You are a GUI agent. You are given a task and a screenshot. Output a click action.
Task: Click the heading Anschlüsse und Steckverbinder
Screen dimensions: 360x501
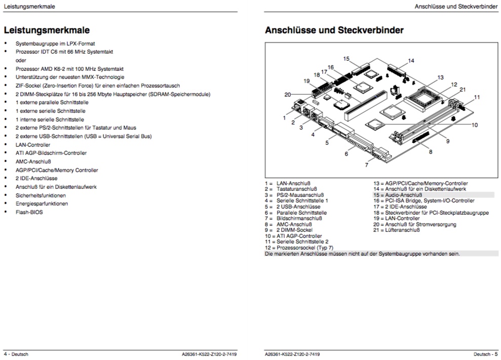click(334, 30)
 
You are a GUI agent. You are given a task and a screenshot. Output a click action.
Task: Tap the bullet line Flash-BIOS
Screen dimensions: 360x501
click(29, 212)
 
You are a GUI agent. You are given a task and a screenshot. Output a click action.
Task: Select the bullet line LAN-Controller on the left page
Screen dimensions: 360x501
click(33, 144)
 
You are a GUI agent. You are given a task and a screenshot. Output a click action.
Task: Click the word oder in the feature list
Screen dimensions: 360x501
click(21, 60)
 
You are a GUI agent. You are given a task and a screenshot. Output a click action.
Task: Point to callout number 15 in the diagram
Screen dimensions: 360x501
click(346, 59)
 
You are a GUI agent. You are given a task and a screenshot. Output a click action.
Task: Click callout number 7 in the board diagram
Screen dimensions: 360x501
click(366, 165)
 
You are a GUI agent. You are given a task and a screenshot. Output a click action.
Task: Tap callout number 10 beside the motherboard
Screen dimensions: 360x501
click(475, 125)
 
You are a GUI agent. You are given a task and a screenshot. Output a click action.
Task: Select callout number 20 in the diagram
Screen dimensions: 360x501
click(288, 95)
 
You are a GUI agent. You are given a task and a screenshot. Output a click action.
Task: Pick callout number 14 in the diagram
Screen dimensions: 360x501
click(411, 61)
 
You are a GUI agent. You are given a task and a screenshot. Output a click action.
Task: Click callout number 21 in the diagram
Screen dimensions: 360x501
click(463, 90)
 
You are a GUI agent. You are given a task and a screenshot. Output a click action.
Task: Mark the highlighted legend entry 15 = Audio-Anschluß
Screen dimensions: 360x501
click(398, 195)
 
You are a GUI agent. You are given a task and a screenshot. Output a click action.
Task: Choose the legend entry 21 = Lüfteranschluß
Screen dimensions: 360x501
click(397, 230)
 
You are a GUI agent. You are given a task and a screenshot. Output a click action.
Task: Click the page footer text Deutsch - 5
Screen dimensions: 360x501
click(486, 354)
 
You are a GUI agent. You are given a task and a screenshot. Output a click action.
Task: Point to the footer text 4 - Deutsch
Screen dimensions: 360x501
click(16, 354)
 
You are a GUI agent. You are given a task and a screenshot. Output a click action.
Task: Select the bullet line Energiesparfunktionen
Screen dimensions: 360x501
click(42, 204)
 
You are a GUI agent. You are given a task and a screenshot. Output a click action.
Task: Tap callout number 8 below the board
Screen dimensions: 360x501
click(431, 151)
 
